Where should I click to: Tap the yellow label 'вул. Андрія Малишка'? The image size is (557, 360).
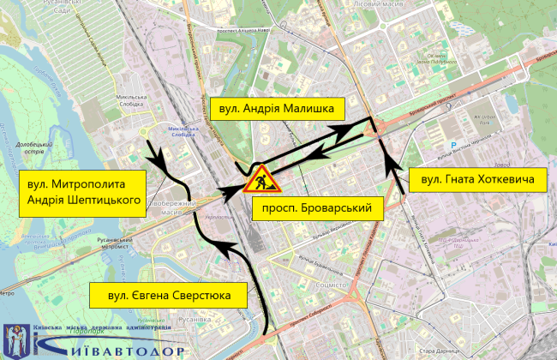tap(277, 109)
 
